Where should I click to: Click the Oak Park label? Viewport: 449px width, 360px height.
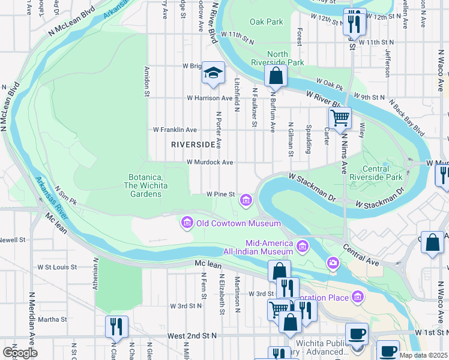(267, 22)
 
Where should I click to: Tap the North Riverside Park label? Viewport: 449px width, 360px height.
(286, 58)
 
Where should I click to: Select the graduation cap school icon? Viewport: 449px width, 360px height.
(212, 73)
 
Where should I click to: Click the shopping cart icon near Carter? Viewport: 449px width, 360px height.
(340, 118)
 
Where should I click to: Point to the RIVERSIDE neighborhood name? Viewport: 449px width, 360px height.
(193, 145)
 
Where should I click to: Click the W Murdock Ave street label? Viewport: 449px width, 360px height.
(209, 162)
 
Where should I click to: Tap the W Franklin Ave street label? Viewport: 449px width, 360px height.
(175, 130)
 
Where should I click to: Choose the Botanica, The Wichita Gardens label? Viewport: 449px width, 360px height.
(147, 181)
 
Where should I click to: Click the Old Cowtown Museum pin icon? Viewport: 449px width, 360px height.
(187, 224)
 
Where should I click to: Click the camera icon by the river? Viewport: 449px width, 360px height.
(333, 262)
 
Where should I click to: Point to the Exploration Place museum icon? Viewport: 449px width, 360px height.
(358, 296)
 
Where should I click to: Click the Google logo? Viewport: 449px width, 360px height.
(19, 352)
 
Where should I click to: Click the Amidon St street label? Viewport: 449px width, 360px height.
(146, 81)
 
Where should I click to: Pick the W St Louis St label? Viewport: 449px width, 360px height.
(57, 267)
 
